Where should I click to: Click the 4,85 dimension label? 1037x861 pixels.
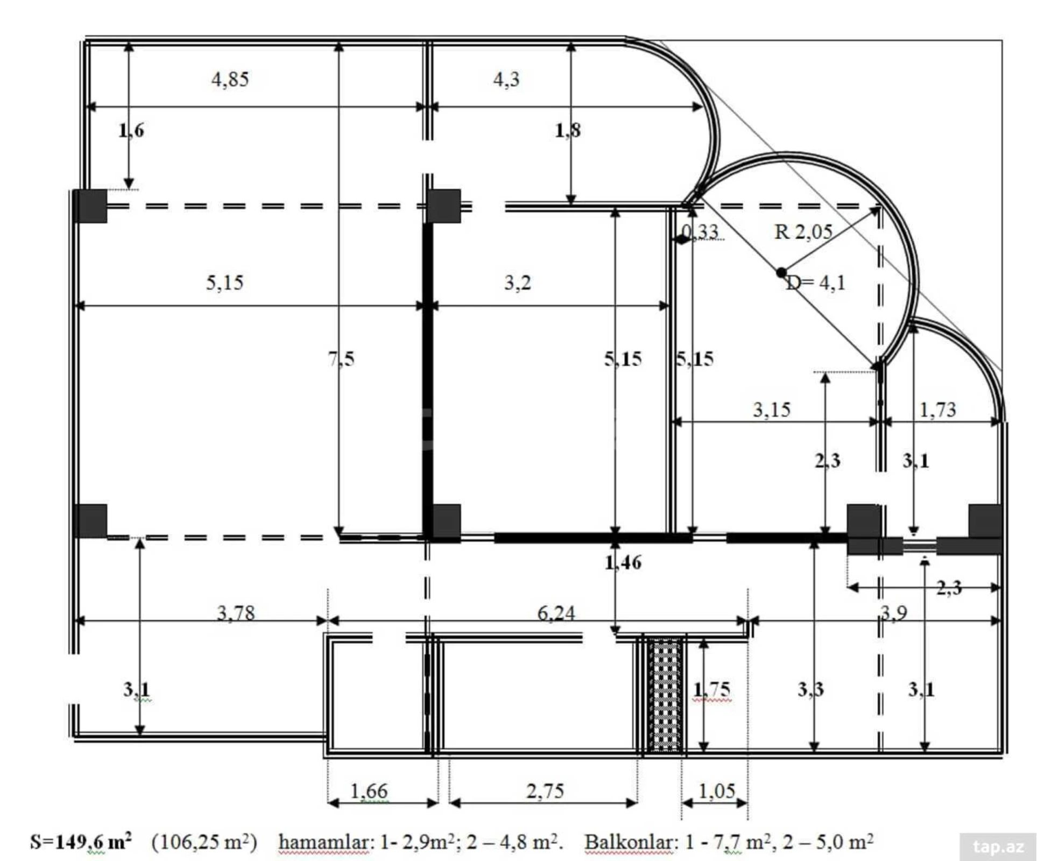230,80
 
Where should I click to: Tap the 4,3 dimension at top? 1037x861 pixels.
506,80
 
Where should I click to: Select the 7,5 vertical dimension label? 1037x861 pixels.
341,359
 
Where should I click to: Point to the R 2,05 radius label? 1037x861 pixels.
803,232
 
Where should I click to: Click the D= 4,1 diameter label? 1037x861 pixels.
816,283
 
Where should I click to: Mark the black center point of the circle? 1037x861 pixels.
781,273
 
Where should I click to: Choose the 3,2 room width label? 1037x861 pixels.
517,283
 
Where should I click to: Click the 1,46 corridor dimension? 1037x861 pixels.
623,563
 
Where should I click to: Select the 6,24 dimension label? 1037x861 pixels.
556,613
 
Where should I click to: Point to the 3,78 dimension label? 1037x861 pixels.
236,613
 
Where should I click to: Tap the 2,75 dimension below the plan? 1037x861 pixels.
545,791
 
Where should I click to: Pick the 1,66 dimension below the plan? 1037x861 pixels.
369,791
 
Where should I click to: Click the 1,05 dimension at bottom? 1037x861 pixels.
716,791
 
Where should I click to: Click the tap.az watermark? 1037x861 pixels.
998,847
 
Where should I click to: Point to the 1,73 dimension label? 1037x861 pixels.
937,410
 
